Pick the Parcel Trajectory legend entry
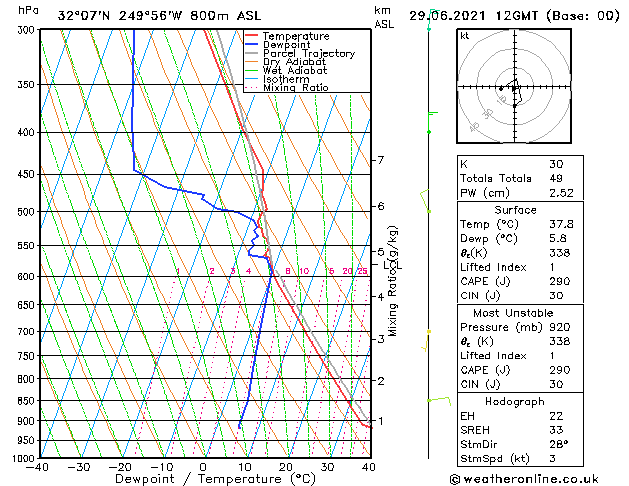[x=308, y=54]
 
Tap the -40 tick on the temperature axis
[x=38, y=467]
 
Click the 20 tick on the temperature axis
[x=286, y=467]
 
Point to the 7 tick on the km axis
[x=380, y=160]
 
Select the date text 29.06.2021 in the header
[x=452, y=15]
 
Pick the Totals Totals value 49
[x=556, y=178]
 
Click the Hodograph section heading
[x=515, y=400]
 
